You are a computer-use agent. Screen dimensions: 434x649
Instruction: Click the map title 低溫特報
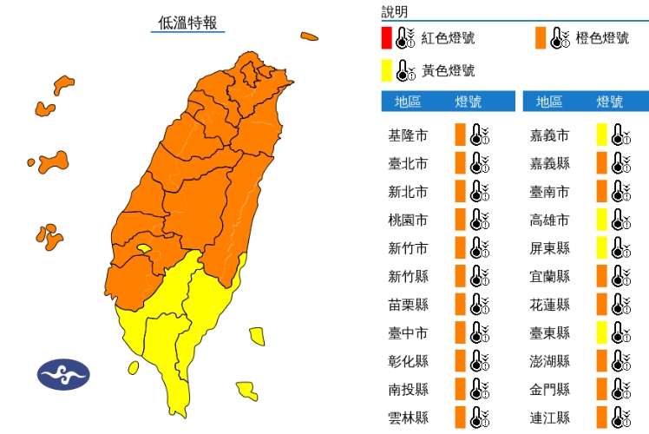[187, 23]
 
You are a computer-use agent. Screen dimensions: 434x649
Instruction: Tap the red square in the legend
[386, 38]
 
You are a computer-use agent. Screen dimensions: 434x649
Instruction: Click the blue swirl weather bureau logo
[63, 374]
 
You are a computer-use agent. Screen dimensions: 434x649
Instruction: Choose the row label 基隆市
[408, 135]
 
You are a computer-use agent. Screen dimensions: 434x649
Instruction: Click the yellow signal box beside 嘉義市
[601, 135]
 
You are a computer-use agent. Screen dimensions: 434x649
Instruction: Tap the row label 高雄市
[550, 220]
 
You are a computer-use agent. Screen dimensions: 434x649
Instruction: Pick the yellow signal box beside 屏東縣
[601, 248]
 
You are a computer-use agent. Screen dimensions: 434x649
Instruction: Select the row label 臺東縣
[550, 332]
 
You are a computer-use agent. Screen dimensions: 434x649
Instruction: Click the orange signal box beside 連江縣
[601, 418]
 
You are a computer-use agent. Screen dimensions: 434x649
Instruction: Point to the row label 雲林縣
[408, 418]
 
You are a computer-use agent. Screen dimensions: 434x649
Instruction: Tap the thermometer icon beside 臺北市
[479, 163]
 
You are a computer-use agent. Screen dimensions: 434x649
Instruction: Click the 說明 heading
[395, 12]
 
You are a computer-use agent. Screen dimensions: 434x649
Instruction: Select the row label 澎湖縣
[550, 361]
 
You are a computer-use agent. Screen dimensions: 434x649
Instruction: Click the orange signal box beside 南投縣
[460, 389]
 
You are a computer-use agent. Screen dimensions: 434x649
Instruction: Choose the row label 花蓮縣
[550, 305]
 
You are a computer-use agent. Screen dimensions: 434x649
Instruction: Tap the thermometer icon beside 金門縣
[620, 389]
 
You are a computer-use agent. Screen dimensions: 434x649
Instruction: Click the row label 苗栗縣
[408, 305]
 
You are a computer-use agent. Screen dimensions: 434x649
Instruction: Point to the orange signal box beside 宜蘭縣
[601, 276]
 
